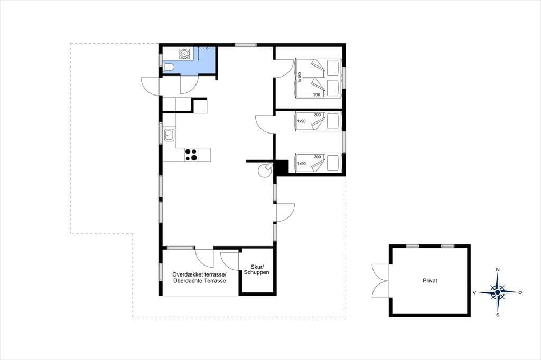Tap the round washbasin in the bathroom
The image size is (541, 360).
(x=184, y=53)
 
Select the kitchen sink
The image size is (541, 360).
(x=169, y=135)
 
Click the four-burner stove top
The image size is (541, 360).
(x=191, y=155)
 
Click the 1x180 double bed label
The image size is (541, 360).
(x=300, y=77)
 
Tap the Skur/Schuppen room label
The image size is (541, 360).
(x=256, y=269)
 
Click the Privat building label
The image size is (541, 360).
(x=430, y=281)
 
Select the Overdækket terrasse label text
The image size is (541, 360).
(x=199, y=274)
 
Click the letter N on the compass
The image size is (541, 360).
(x=498, y=269)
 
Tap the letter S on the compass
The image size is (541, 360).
(x=498, y=315)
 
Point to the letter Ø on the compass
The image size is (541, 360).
(x=520, y=292)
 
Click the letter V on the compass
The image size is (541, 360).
(x=474, y=293)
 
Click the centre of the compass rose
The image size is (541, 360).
(x=498, y=292)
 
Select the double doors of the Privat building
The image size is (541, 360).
(x=380, y=281)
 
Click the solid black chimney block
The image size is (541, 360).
(x=281, y=167)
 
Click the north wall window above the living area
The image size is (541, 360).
(x=246, y=45)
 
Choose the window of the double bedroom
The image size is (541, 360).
(x=343, y=78)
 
